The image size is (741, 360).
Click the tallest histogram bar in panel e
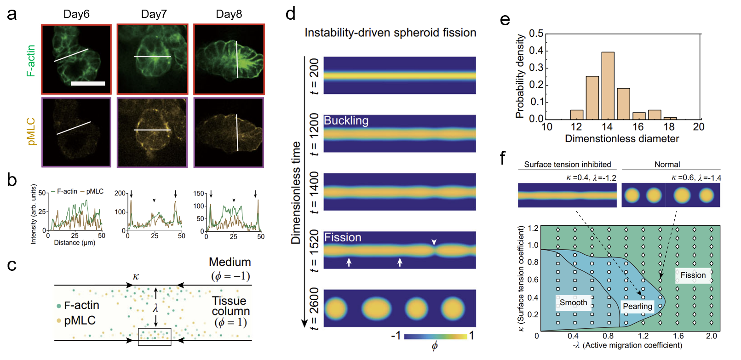point(608,86)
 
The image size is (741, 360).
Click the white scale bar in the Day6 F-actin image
point(88,83)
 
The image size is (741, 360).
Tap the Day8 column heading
point(229,14)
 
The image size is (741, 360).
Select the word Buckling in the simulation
point(346,120)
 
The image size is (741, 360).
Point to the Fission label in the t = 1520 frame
point(343,237)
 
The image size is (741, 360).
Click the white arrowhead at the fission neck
point(434,242)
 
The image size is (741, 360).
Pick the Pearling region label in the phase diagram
point(637,306)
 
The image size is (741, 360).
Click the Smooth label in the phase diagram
point(573,303)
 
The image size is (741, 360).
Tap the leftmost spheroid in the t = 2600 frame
point(336,308)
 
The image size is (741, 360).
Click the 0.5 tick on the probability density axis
point(536,34)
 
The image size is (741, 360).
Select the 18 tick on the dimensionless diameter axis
point(669,127)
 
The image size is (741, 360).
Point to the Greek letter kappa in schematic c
point(136,277)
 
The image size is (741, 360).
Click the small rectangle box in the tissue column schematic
point(155,337)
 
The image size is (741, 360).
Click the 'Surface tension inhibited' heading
point(567,165)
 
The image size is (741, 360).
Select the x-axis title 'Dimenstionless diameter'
point(621,139)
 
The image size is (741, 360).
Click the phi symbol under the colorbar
point(435,346)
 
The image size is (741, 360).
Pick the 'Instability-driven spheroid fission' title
point(390,33)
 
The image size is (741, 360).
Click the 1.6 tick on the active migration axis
point(678,336)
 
